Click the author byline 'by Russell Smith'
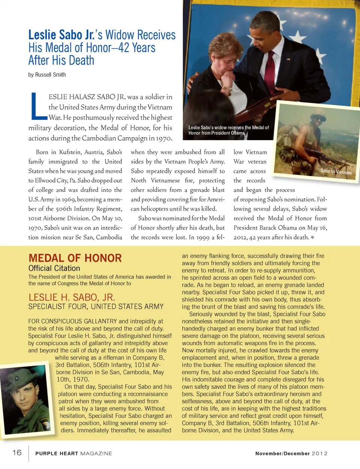[x=47, y=75]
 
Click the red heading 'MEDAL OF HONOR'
[x=75, y=258]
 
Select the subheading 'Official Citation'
[x=54, y=268]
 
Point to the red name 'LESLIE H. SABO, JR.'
[x=72, y=297]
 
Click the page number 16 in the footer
[x=17, y=452]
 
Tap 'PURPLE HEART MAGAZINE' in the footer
[x=73, y=453]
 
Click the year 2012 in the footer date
[x=319, y=453]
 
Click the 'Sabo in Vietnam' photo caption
[x=336, y=171]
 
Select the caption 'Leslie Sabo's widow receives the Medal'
[x=228, y=127]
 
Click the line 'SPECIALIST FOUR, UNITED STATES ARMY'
[x=96, y=306]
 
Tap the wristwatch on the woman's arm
[x=226, y=89]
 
